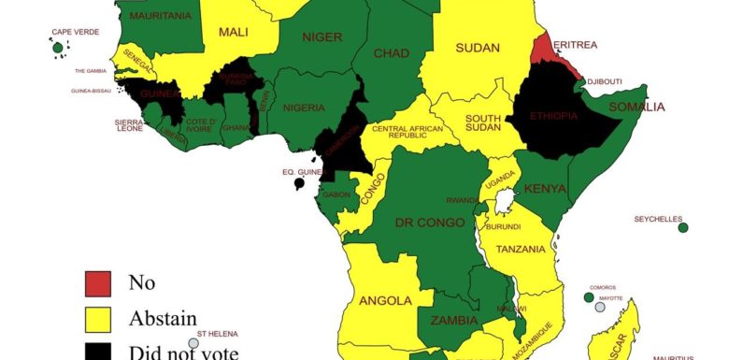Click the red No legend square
coord(98,283)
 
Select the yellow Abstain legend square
coord(98,319)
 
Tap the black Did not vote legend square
coord(98,352)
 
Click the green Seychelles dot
coord(683,227)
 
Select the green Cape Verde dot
coord(58,48)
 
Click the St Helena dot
coord(193,343)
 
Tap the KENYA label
coord(545,189)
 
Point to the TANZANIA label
coord(521,250)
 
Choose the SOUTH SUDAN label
coord(484,124)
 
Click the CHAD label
coord(391,53)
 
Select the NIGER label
coord(322,37)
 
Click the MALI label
coord(234,33)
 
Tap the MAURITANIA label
coord(161,16)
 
